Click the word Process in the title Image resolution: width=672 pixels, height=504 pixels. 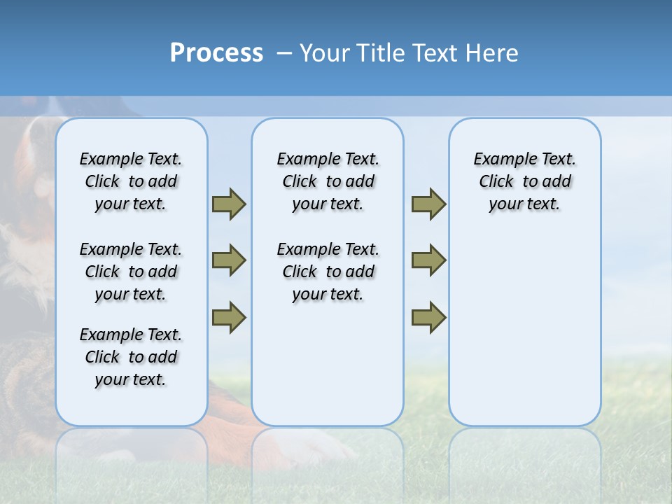[x=216, y=53]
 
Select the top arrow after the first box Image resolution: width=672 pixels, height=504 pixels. [x=229, y=204]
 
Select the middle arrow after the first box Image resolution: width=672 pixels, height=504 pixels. [x=229, y=260]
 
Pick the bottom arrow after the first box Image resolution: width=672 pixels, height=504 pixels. [x=229, y=317]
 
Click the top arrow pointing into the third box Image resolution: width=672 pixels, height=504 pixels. [x=428, y=204]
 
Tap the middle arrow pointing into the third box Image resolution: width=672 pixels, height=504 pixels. [x=428, y=260]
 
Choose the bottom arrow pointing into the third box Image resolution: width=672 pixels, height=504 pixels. [x=428, y=317]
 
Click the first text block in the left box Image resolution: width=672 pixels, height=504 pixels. [x=131, y=181]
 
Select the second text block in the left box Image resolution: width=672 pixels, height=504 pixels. [x=131, y=272]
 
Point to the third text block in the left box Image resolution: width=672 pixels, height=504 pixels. [x=131, y=357]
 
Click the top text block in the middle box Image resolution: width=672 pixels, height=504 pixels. [x=328, y=181]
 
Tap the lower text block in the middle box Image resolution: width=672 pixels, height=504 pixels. [x=328, y=272]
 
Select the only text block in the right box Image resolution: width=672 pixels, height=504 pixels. [x=524, y=181]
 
